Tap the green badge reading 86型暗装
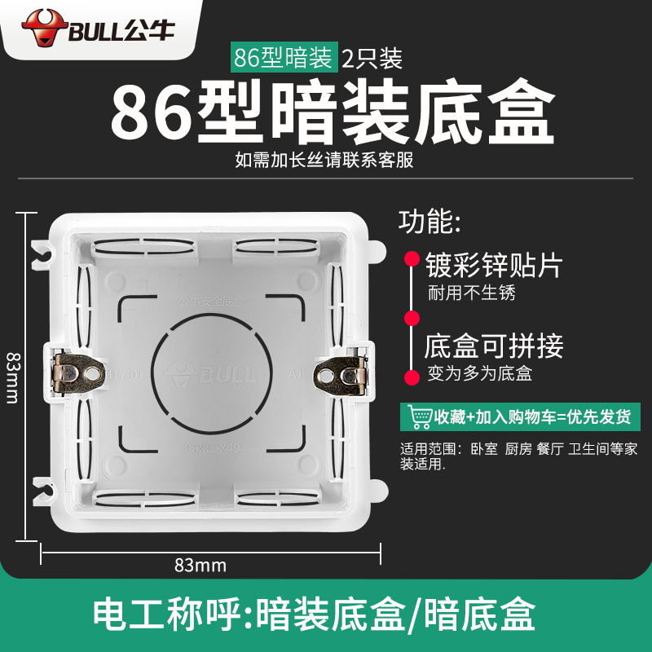click(283, 58)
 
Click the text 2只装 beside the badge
click(372, 58)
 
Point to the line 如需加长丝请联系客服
click(324, 160)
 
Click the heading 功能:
click(429, 221)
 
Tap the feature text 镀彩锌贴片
click(493, 264)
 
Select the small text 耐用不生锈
click(472, 293)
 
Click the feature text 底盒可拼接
click(493, 346)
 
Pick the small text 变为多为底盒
click(480, 375)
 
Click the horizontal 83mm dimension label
click(200, 565)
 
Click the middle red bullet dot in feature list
click(412, 317)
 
